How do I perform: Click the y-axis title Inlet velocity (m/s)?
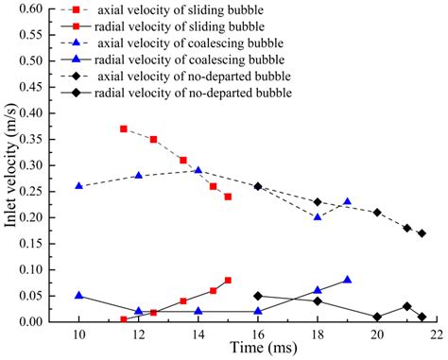12,165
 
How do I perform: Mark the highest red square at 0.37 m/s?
124,129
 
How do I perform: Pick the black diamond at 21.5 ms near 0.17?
422,233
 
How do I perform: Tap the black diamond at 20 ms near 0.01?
377,317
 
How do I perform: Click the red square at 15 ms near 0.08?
228,280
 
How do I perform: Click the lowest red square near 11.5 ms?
124,319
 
